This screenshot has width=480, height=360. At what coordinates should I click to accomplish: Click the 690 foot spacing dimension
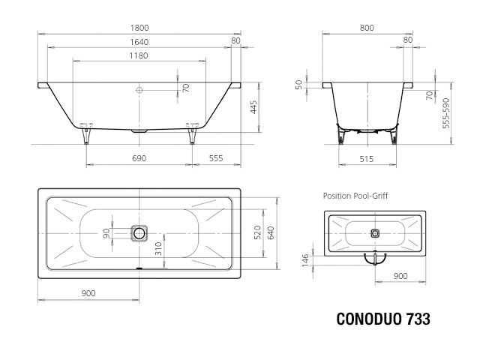pyautogui.click(x=139, y=159)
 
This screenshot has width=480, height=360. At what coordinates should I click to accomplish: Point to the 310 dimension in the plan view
pyautogui.click(x=158, y=249)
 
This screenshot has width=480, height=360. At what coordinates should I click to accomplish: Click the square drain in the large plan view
pyautogui.click(x=139, y=233)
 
